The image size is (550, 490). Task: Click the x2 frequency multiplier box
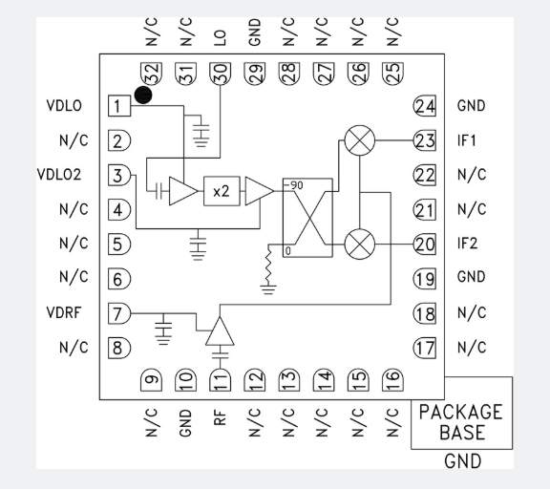coord(222,191)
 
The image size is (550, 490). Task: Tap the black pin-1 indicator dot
coord(143,96)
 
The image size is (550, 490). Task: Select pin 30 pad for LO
coord(221,74)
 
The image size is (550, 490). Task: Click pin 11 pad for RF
coord(221,380)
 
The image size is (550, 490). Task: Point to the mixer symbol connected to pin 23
coord(360,140)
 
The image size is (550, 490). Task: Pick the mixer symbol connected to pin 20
coord(360,244)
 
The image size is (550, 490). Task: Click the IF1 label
coord(467,140)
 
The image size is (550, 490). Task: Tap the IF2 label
coord(467,244)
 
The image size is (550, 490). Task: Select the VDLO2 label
coord(59,175)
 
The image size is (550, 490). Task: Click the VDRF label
coord(64,312)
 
